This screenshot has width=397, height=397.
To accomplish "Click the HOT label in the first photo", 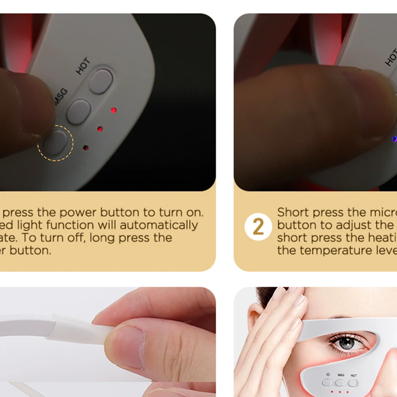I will click(83, 66).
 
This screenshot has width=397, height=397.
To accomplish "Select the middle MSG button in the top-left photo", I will click(78, 111).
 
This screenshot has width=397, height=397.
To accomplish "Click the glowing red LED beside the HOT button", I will click(114, 110).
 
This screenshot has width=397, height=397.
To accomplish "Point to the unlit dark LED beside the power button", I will click(85, 148).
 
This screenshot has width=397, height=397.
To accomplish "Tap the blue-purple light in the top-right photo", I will click(394, 139).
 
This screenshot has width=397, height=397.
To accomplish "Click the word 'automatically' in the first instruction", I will click(159, 225).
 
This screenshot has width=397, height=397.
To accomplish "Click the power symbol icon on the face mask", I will click(328, 374).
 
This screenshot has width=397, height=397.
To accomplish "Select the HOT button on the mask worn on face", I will click(353, 383).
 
